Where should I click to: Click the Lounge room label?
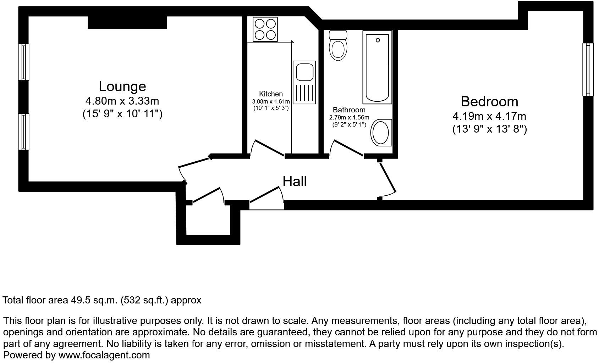point(122,86)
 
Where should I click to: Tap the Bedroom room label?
point(489,102)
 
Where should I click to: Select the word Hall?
point(295,181)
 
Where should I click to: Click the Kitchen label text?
point(271,94)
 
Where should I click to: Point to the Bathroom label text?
point(349,110)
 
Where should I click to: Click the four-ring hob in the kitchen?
point(265,29)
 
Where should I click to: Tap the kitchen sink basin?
point(304,72)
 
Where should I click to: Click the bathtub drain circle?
point(378,40)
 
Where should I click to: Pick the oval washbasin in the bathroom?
point(381,133)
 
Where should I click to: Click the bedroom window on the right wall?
point(588,69)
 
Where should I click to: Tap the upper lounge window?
point(24,62)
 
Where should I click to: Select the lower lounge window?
point(24,132)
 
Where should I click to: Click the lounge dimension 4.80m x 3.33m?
point(122,101)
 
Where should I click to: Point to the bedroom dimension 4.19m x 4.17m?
point(489,116)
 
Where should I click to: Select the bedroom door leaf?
point(388,177)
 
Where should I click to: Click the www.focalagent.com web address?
point(104,355)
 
